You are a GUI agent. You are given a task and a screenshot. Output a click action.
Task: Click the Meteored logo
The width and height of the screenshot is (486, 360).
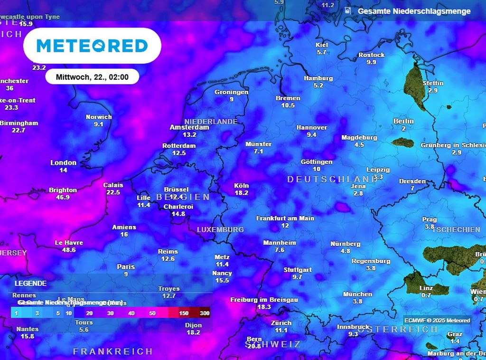coord(92,46)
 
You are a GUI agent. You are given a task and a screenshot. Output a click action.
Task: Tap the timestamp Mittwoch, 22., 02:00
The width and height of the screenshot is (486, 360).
coord(92,76)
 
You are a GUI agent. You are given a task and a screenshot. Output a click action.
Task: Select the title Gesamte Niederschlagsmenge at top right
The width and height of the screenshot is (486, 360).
coord(414,11)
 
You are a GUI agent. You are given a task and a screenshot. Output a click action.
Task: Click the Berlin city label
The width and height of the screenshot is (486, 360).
coord(403,121)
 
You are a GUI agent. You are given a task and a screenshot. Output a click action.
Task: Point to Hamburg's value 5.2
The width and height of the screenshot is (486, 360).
coord(318,85)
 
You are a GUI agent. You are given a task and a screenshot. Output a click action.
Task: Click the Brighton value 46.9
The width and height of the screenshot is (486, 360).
coord(63,197)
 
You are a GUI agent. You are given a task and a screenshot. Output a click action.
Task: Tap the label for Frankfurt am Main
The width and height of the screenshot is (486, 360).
coord(285,218)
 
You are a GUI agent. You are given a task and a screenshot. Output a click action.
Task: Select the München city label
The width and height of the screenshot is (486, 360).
coord(357,294)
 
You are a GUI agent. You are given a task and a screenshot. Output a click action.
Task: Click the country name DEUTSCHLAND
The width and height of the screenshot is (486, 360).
coord(332,179)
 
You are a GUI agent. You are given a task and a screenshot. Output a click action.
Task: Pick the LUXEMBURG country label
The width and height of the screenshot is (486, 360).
coord(220,229)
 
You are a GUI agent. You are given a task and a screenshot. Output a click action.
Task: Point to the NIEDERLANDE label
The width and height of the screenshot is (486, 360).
coord(211,122)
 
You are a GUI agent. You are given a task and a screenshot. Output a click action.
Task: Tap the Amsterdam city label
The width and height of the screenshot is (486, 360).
coord(189,127)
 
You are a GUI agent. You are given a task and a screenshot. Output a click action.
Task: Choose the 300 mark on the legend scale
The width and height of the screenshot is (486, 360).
coord(205,313)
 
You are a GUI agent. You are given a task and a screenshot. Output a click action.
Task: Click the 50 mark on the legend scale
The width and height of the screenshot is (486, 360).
coord(152,313)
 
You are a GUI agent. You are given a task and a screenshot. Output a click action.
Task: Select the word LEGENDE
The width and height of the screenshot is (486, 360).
coord(30,283)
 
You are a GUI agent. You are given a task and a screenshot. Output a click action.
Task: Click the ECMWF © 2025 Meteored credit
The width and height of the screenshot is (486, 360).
coord(437,320)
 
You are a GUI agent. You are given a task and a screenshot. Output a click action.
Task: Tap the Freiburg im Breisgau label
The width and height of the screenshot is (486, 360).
coord(264,300)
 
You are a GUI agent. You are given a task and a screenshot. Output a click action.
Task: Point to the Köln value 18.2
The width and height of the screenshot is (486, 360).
coord(242,193)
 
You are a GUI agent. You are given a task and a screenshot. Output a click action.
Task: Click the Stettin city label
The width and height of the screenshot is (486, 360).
coord(433,83)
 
